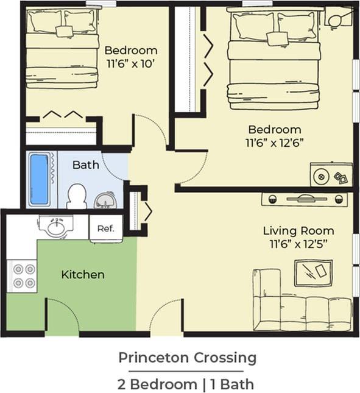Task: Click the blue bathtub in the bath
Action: point(39,179)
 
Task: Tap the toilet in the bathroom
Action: point(77,195)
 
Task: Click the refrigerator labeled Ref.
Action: point(106,229)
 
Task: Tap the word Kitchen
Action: point(83,275)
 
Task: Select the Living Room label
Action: point(298,230)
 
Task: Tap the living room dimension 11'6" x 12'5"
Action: point(298,244)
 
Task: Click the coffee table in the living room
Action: point(313,272)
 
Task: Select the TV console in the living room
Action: point(305,199)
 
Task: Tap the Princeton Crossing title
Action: point(187,357)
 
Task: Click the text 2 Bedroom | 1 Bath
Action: point(186,384)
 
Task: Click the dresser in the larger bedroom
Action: point(330,175)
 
